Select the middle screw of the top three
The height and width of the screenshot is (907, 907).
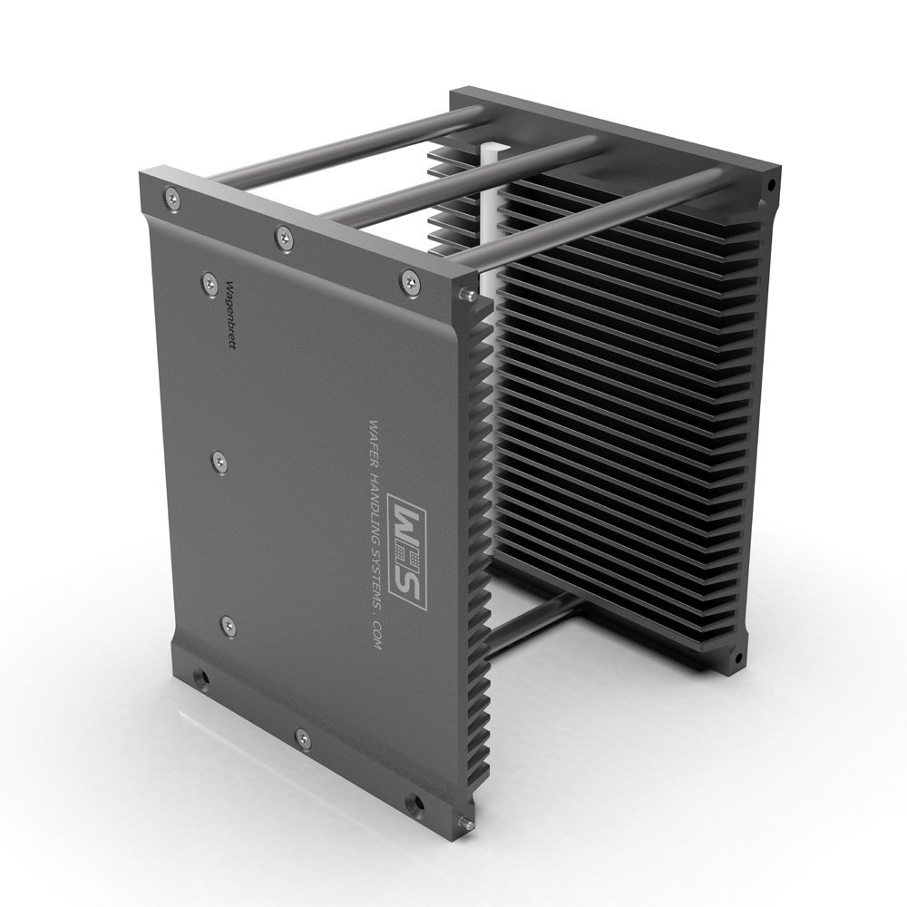pos(284,238)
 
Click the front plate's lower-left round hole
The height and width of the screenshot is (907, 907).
pos(200,677)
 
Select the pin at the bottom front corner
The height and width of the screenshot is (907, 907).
pos(466,824)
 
